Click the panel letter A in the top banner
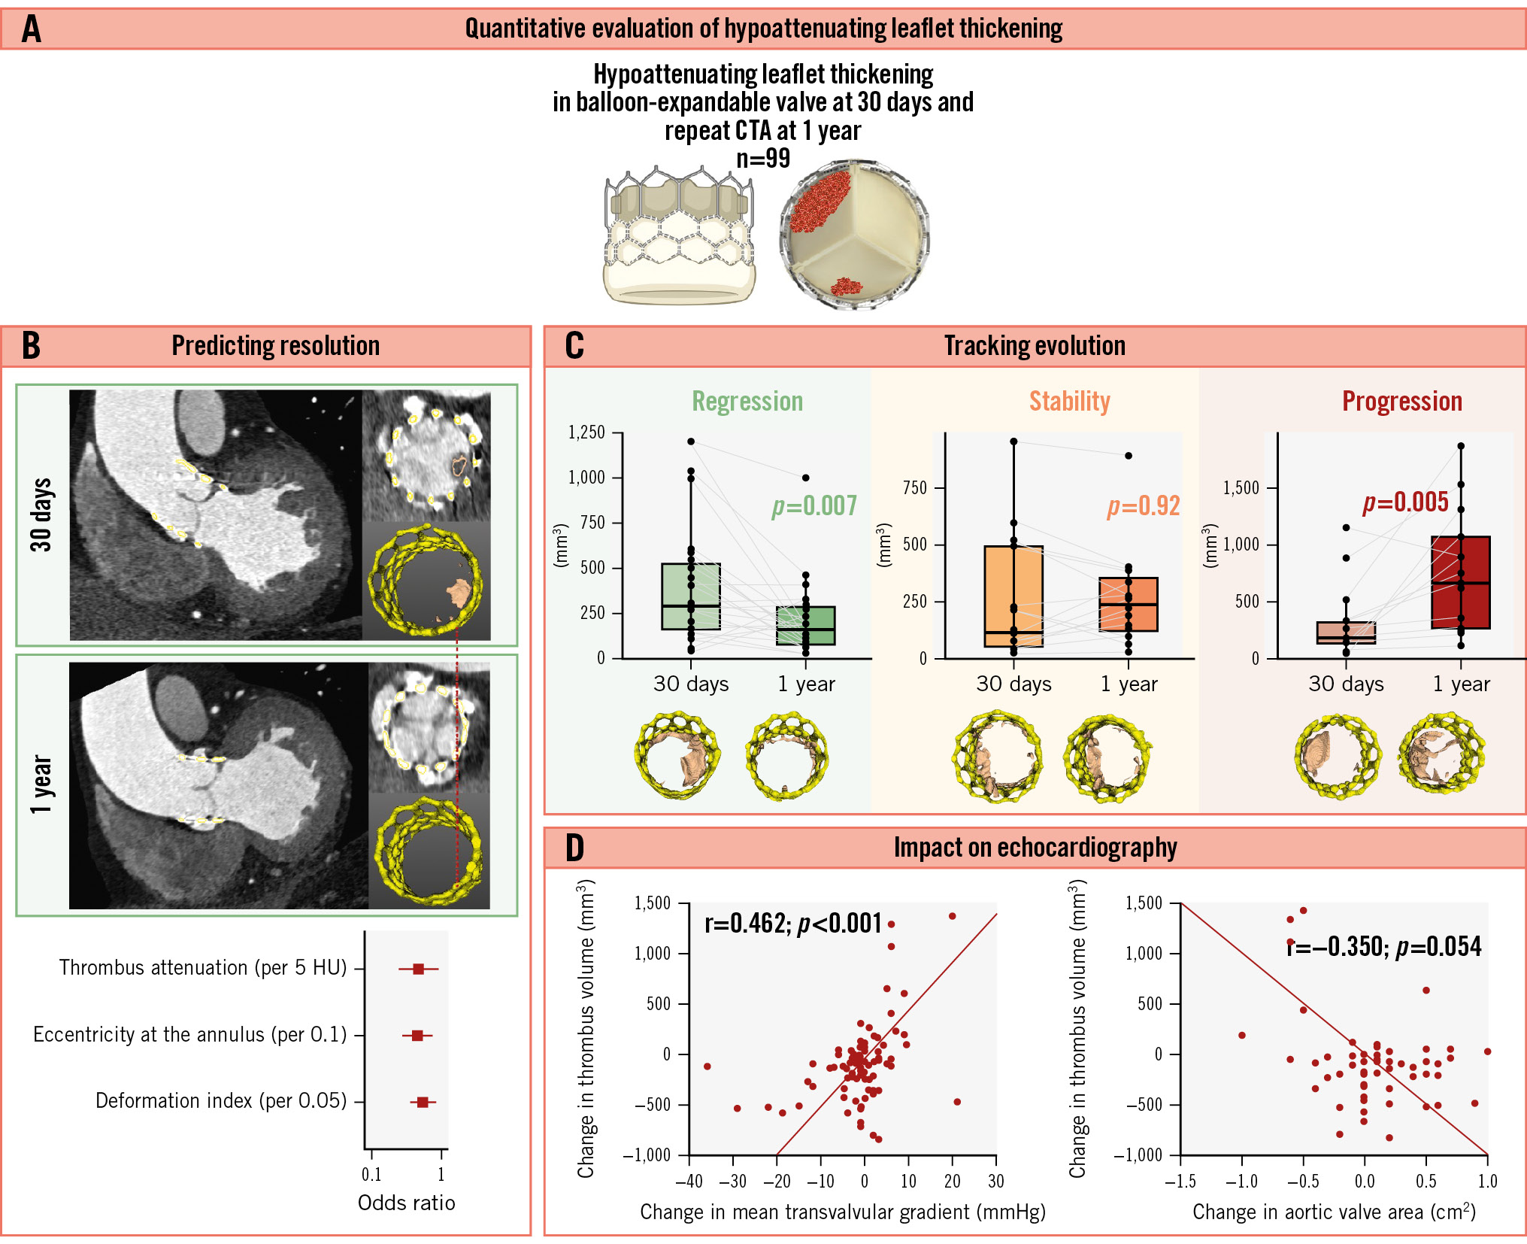point(32,29)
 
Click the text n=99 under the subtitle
point(763,159)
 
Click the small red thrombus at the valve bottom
point(847,287)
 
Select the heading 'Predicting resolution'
point(275,346)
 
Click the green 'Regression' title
point(747,402)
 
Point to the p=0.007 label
point(814,506)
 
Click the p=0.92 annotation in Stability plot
point(1143,506)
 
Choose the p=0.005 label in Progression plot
point(1405,502)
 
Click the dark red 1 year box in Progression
point(1461,582)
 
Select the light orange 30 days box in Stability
point(1013,596)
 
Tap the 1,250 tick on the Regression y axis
point(586,432)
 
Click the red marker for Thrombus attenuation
point(419,969)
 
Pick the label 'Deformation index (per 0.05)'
point(221,1101)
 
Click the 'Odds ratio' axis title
point(406,1203)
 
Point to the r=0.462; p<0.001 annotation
point(792,924)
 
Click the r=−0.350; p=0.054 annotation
point(1383,947)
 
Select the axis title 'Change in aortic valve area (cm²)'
point(1334,1212)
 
